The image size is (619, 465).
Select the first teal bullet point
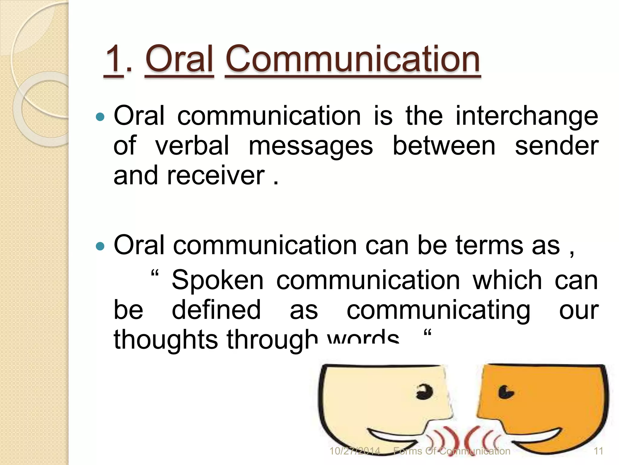click(100, 117)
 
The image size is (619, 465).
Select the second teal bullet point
click(100, 246)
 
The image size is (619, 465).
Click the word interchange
click(527, 117)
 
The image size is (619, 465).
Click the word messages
click(311, 147)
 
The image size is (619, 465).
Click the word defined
click(216, 310)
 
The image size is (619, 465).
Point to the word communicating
click(438, 311)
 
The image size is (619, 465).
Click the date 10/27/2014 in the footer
click(355, 451)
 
